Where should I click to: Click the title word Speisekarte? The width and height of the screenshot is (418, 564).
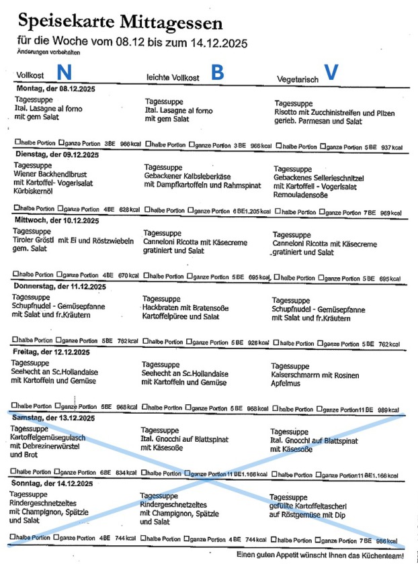pos(60,23)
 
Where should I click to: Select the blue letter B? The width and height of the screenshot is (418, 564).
pos(217,73)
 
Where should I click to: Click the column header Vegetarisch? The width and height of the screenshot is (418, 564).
pos(298,79)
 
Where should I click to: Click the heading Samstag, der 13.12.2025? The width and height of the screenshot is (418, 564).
pos(56,418)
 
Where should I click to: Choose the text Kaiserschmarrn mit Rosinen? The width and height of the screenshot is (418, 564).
pos(315,375)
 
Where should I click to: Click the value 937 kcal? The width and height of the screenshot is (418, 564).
pos(390,148)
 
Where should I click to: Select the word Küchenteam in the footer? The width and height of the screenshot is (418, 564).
pos(382,555)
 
